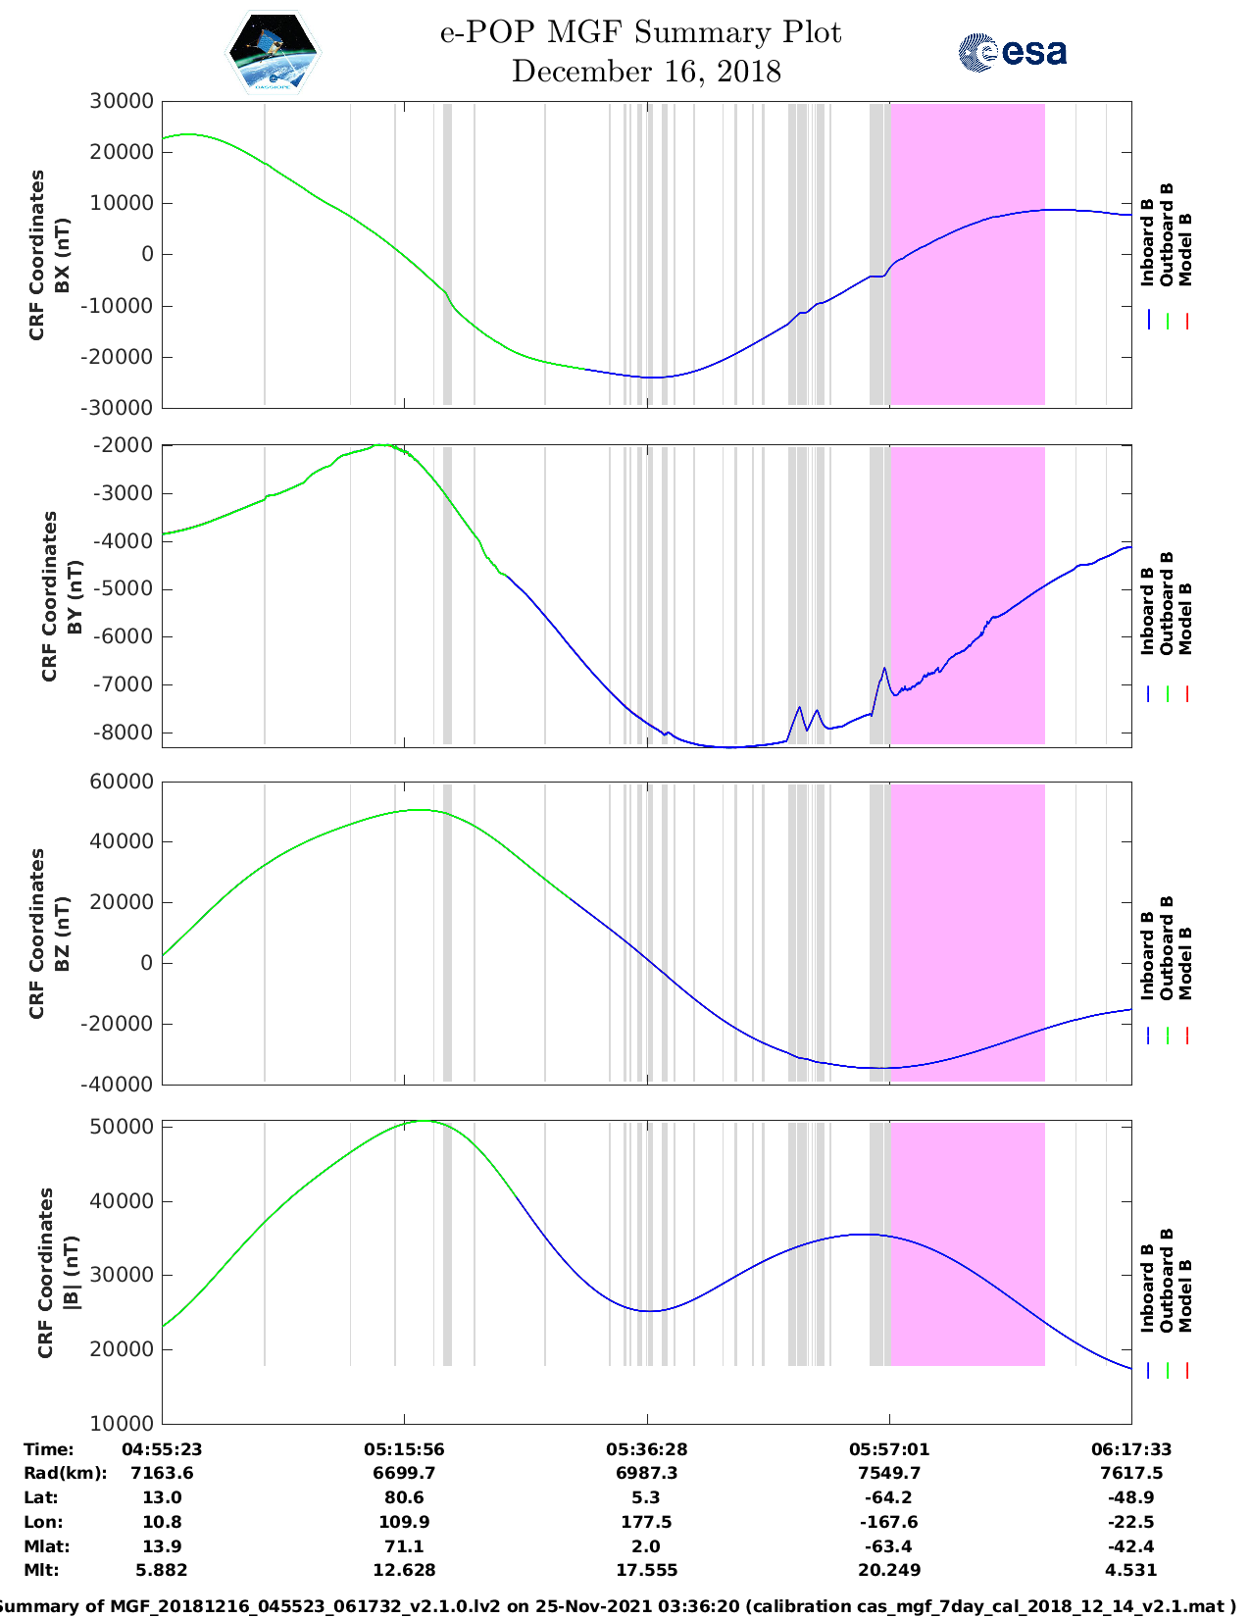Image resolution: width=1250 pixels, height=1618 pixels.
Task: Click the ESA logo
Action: [1012, 52]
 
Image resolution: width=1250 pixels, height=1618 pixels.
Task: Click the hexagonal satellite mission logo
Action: [273, 52]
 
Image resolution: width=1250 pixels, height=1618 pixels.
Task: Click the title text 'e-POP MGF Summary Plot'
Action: [640, 32]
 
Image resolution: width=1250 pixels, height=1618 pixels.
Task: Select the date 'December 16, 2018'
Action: [646, 72]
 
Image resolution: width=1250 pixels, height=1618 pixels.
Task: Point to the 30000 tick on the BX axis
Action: [121, 102]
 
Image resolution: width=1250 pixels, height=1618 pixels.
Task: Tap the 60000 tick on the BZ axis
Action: [121, 782]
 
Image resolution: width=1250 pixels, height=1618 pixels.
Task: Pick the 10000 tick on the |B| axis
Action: [121, 1423]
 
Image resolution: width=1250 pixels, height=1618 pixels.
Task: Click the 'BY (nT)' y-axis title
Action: [75, 597]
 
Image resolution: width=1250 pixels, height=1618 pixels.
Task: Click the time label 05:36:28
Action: [646, 1449]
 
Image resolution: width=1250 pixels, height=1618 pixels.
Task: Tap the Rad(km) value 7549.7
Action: [888, 1473]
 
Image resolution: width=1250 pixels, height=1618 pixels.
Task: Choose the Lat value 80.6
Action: [404, 1497]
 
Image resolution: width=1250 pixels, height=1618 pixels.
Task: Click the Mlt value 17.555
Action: [646, 1570]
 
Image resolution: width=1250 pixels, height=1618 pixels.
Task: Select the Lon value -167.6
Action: [888, 1522]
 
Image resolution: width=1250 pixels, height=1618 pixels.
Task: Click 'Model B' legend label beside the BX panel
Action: [1185, 249]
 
